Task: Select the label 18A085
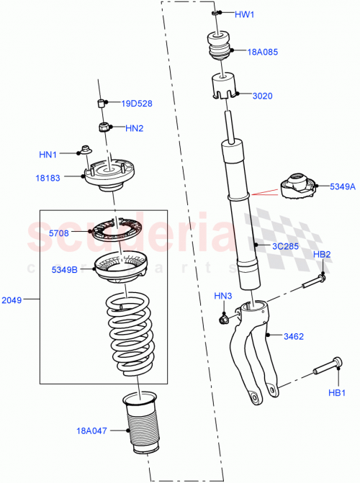tap(264, 53)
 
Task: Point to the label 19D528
tap(137, 104)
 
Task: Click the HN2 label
tap(135, 129)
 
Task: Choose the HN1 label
tap(48, 153)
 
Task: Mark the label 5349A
tap(343, 186)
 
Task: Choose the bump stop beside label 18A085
tap(220, 48)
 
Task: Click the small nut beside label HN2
tap(105, 129)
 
